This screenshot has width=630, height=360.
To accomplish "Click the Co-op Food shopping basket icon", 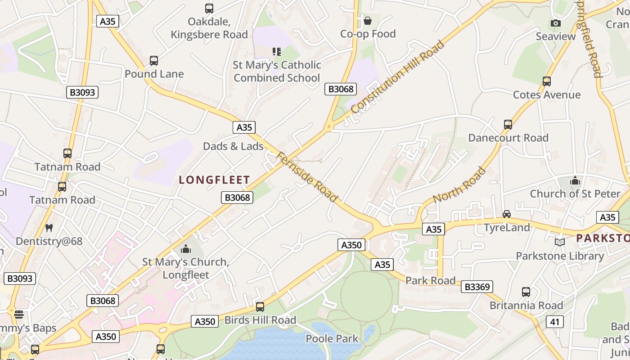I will [x=368, y=21].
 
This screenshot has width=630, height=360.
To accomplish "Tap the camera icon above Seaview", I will [x=556, y=23].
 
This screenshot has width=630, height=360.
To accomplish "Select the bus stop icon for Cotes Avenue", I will [x=547, y=81].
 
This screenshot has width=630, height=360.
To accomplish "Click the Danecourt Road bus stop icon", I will [x=508, y=125].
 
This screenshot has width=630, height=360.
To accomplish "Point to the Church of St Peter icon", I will [x=575, y=181].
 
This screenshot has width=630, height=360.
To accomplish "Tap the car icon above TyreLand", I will [x=507, y=214].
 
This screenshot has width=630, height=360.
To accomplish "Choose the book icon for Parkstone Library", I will [x=560, y=243].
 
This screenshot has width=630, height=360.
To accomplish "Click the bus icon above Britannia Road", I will [x=526, y=292].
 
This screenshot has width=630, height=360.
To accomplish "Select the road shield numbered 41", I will [x=555, y=322].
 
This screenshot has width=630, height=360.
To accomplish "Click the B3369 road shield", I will [x=477, y=287].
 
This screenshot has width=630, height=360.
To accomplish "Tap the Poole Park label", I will [x=332, y=338].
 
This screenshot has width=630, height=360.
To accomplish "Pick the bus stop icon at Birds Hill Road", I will [x=260, y=307].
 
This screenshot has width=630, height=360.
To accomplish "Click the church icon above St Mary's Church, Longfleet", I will [x=186, y=249].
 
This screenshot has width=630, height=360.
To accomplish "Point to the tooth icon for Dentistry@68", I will [x=49, y=228].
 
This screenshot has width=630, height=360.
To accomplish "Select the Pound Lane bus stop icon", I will [x=154, y=61].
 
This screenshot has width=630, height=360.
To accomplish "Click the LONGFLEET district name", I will [x=214, y=180].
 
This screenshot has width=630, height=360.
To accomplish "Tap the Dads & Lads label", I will [x=233, y=146].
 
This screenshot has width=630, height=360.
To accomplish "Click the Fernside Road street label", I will [x=306, y=177].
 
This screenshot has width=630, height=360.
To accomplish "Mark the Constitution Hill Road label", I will [x=397, y=77].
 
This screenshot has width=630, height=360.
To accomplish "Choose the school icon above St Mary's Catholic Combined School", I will [x=277, y=52].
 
